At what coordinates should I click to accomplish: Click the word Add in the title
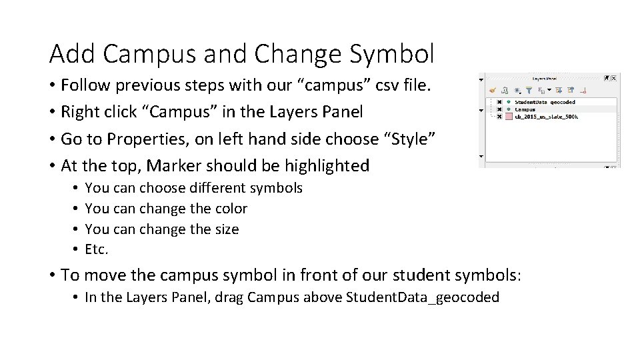(x=69, y=53)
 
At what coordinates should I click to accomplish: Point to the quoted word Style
(x=413, y=139)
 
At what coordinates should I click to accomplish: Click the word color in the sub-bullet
(x=231, y=209)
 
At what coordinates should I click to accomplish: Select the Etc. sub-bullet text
(x=97, y=250)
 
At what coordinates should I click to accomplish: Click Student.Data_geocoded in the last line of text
(x=423, y=297)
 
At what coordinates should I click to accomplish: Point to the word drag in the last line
(x=229, y=297)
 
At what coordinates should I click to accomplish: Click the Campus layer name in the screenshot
(x=525, y=109)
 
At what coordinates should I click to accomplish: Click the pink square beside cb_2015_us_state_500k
(x=508, y=117)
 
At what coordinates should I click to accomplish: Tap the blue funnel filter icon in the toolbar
(x=528, y=89)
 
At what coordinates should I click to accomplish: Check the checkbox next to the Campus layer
(x=499, y=109)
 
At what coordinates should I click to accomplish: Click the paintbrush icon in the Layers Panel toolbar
(x=493, y=89)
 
